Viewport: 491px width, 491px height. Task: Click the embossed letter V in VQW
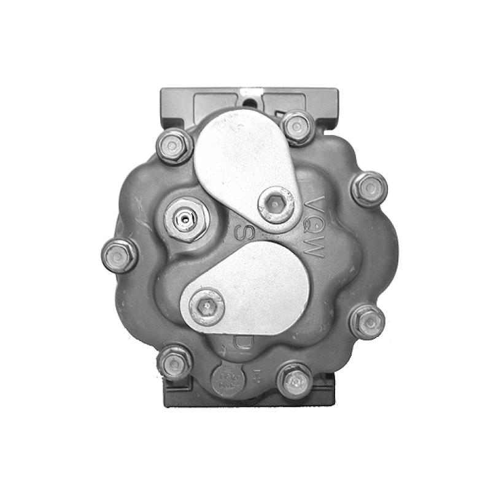315,204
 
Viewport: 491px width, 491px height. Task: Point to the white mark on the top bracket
260,91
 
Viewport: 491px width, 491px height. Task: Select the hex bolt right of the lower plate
368,321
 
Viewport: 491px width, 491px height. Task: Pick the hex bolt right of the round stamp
295,381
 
